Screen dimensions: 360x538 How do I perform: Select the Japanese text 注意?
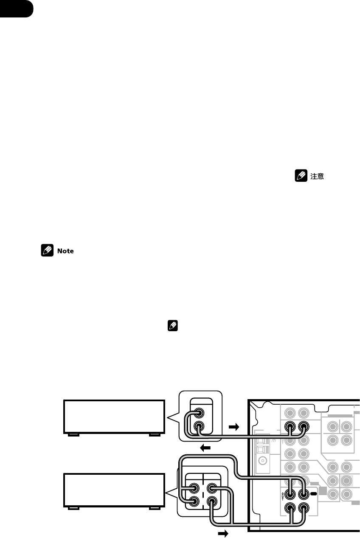coord(317,176)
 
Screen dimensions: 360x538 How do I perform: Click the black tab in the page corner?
coord(16,8)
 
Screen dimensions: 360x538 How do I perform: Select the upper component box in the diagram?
coord(114,416)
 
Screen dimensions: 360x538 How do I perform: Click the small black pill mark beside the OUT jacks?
coord(314,494)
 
